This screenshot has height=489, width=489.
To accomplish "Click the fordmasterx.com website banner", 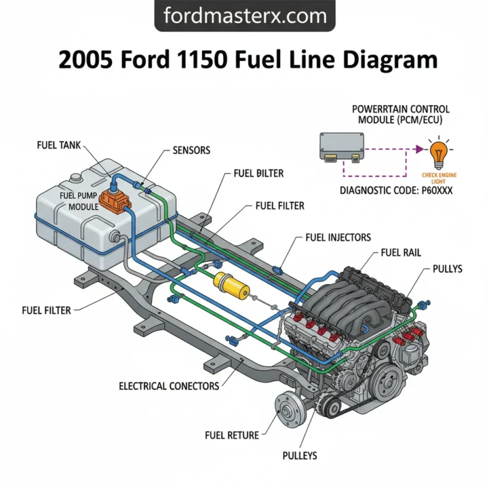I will [x=244, y=15].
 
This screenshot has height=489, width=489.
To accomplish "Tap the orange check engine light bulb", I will [x=437, y=153].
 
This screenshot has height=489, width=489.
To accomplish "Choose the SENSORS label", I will [x=191, y=151].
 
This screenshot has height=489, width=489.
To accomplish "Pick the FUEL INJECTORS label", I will [x=337, y=237].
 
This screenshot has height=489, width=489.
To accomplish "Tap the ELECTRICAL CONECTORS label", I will [x=169, y=386].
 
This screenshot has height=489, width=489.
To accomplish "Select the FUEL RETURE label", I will [x=232, y=436].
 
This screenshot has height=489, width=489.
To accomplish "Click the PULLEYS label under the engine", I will [x=299, y=456].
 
